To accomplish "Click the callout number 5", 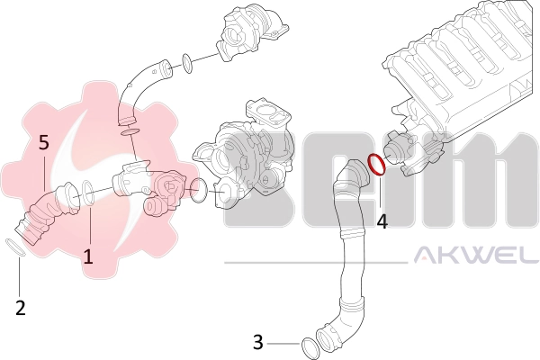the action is tap(44, 142).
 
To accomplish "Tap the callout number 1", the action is tap(88, 256).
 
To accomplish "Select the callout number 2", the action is tap(21, 308).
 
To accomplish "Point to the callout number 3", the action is tap(258, 342).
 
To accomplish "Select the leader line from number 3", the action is tap(283, 344).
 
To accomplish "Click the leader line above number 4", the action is tap(380, 191).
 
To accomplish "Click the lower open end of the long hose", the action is tap(324, 338).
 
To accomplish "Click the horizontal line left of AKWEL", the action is tap(316, 263).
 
